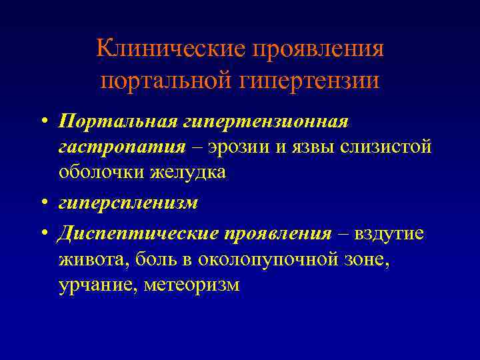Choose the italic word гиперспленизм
click(x=128, y=203)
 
